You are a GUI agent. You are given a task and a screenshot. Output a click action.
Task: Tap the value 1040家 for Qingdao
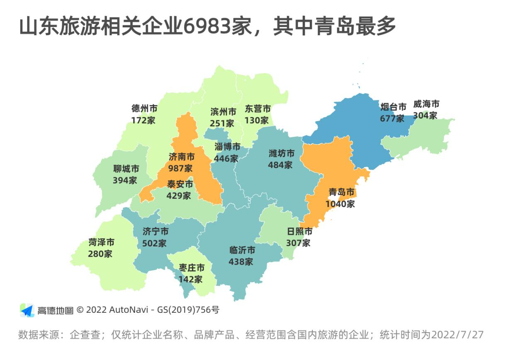click(x=340, y=204)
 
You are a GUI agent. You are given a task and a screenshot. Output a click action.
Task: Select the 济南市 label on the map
click(x=182, y=157)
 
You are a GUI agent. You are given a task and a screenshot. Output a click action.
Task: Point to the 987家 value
click(x=180, y=168)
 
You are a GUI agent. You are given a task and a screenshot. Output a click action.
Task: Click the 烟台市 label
click(x=393, y=107)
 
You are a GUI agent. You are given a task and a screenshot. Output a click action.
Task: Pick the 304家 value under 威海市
click(x=425, y=115)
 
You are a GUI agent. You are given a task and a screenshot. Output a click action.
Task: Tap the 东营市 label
click(x=258, y=109)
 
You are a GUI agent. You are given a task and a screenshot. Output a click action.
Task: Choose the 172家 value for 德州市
click(x=143, y=120)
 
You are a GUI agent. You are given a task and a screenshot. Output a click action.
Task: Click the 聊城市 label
click(x=126, y=169)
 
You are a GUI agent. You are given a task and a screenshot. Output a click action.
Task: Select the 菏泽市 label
click(x=101, y=242)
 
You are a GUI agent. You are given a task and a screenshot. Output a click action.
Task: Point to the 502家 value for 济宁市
click(x=154, y=243)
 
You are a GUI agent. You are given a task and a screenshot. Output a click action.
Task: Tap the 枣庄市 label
click(x=192, y=268)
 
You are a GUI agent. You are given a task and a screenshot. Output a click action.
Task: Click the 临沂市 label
click(x=242, y=250)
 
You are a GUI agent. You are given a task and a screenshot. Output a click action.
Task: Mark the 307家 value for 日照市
click(x=298, y=243)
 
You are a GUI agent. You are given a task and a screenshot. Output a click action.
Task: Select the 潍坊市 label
click(x=282, y=153)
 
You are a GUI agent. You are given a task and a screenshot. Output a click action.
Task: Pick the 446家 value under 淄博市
click(x=226, y=158)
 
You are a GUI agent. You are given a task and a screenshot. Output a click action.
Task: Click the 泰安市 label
click(x=180, y=184)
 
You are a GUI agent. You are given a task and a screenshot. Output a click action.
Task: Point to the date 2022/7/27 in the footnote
click(x=457, y=335)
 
